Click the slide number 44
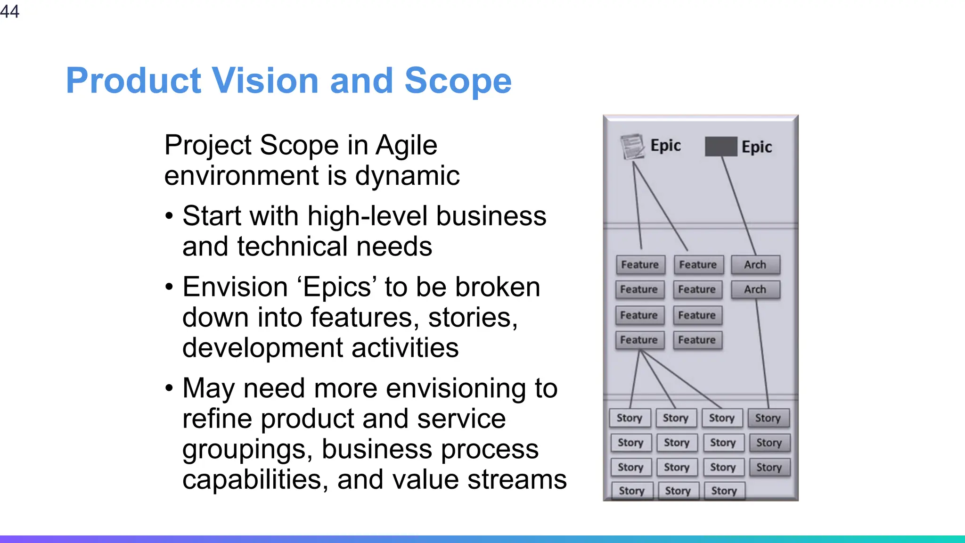coord(9,11)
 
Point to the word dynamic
coord(407,176)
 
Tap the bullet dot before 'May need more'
coord(170,389)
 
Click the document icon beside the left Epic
coord(632,147)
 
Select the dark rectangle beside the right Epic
coord(720,147)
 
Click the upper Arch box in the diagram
coord(755,265)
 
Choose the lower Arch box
coord(755,289)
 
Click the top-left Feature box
coord(640,265)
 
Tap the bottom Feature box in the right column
coord(697,340)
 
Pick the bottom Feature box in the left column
coord(639,340)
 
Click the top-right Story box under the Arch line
coord(768,418)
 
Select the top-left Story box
coord(630,418)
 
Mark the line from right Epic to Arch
coord(738,205)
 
